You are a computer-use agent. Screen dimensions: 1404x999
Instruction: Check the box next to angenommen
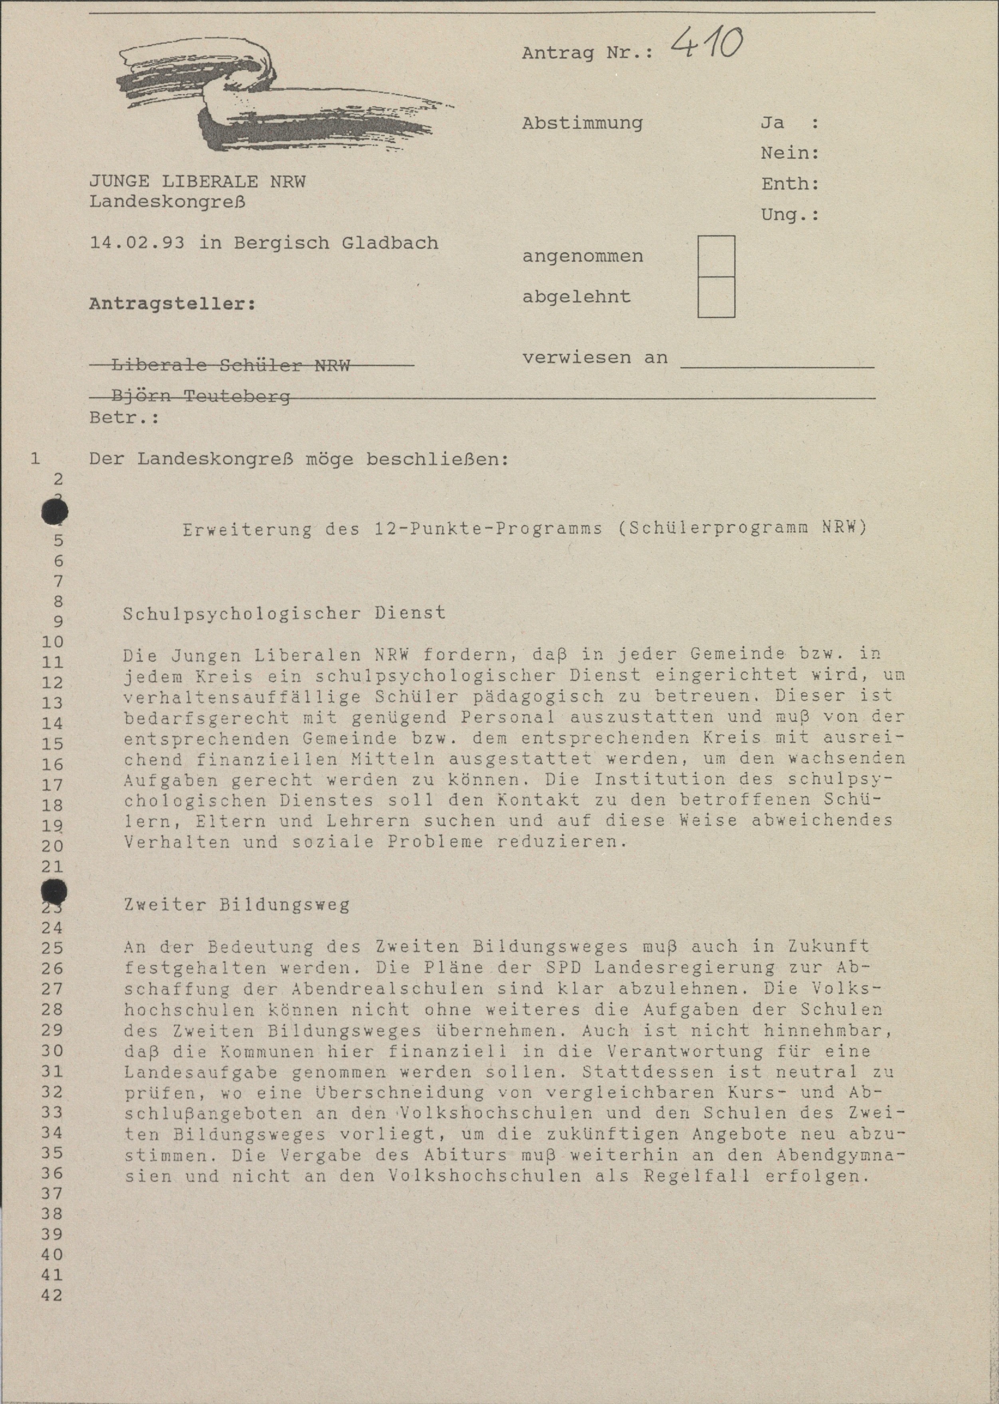coord(716,256)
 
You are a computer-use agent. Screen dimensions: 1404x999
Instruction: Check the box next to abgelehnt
coord(716,297)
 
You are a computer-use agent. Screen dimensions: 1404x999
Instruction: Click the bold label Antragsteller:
coord(172,304)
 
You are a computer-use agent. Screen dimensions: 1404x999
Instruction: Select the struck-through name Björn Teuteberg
coord(200,397)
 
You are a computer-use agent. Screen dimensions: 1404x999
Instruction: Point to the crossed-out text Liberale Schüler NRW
coord(231,365)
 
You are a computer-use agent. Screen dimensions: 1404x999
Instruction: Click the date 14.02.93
coord(137,242)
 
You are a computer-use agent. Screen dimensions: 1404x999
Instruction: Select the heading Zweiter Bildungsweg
coord(236,905)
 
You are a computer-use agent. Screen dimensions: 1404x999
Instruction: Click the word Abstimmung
coord(582,123)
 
